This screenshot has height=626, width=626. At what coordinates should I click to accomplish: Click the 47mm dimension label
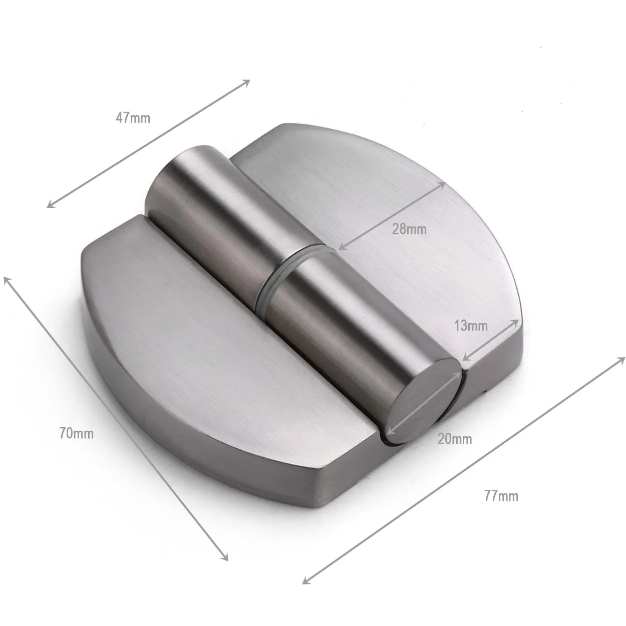(133, 118)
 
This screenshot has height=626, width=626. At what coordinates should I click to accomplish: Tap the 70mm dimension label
(76, 433)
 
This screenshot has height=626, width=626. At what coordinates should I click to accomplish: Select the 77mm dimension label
(501, 496)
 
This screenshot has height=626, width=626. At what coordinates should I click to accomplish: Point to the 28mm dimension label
(409, 229)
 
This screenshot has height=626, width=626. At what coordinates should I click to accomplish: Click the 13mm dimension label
(471, 326)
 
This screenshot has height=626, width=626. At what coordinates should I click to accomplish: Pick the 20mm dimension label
(455, 439)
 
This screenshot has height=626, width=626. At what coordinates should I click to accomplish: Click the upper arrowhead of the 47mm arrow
(246, 82)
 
